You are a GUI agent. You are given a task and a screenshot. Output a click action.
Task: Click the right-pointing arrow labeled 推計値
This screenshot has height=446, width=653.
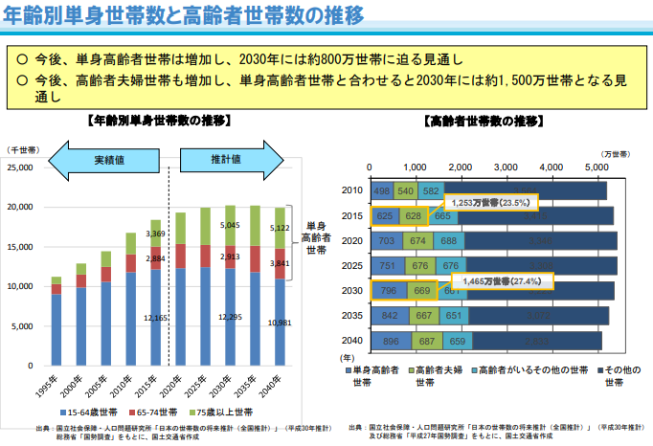click(225, 158)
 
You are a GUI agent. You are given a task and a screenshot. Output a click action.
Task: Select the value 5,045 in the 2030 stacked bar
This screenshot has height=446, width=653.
click(230, 226)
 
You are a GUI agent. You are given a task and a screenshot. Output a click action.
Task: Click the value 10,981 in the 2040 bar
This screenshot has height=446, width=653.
click(280, 323)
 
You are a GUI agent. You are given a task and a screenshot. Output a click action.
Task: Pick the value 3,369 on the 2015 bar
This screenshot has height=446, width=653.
click(155, 234)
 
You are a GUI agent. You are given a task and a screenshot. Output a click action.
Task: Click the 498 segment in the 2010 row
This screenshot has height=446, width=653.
click(382, 191)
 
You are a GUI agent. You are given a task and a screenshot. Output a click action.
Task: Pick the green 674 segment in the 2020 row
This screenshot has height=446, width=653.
click(417, 241)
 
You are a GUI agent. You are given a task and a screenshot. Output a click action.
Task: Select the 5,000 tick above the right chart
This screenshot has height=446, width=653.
click(596, 167)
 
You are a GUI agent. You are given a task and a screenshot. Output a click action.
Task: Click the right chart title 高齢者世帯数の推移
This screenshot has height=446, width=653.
click(483, 122)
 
